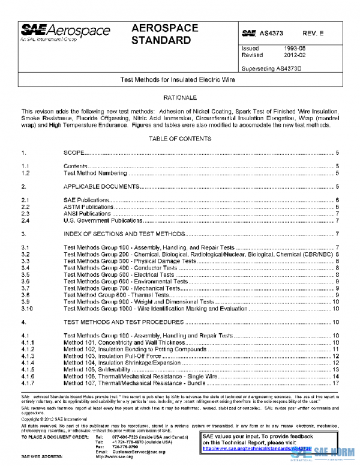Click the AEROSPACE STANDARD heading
(x=161, y=34)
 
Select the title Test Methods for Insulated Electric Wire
(x=180, y=80)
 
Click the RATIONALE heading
(x=180, y=97)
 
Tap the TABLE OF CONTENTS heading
(x=180, y=139)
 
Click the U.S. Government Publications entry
(x=103, y=220)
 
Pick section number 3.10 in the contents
(x=27, y=309)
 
